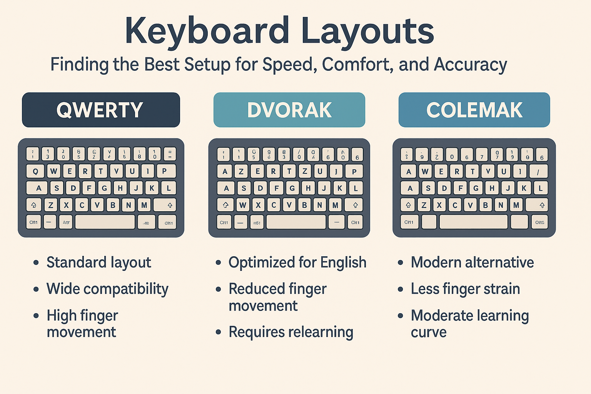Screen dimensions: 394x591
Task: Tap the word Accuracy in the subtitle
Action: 470,64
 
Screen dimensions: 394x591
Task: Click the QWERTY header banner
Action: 101,110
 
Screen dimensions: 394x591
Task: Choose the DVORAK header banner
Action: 289,110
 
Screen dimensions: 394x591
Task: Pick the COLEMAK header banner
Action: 474,110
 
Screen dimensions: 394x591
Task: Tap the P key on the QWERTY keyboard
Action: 164,171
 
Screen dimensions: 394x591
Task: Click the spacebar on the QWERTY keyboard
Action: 105,222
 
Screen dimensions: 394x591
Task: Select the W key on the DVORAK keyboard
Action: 242,205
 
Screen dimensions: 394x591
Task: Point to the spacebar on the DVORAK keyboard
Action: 296,222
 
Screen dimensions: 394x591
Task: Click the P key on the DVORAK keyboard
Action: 354,171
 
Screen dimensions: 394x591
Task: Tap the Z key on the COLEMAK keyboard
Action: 424,205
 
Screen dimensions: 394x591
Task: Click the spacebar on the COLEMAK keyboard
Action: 473,222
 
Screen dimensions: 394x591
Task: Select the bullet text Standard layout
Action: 99,262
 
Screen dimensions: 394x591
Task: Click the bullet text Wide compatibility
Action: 107,289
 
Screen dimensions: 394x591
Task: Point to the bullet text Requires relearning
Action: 291,332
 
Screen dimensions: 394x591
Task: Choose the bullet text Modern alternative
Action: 472,262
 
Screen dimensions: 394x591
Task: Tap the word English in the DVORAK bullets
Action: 343,262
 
